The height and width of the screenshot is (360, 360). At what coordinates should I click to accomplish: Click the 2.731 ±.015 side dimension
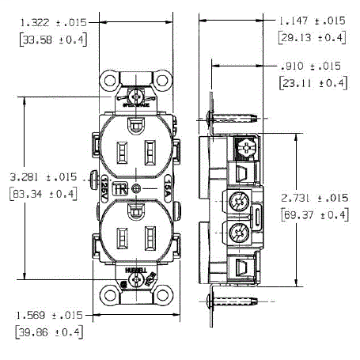point(313,198)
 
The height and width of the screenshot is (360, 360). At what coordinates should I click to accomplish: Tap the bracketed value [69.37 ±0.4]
point(313,215)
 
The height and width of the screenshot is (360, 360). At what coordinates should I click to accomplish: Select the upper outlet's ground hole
point(136,124)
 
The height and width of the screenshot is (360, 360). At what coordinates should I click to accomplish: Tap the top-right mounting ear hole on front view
point(165,81)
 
